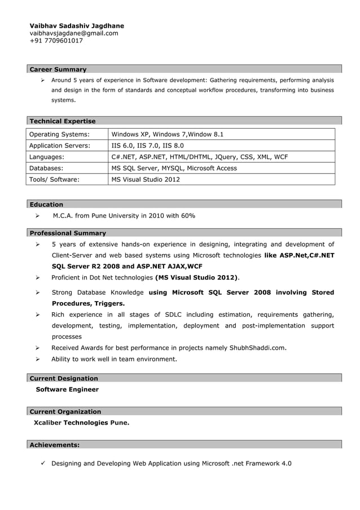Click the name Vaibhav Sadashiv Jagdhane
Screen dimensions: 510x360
pos(77,26)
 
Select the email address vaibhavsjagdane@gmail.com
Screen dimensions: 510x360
pos(74,33)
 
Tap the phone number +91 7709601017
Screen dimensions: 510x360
pos(56,41)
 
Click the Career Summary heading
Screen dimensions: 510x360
pos(58,69)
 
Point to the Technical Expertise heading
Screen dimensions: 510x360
pos(63,121)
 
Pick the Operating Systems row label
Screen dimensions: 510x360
pos(59,134)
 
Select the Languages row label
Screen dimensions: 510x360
pos(46,157)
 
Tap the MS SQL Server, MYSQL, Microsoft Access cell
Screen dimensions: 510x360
pos(174,168)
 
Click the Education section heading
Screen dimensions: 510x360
pos(46,204)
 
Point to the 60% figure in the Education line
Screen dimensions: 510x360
pos(188,216)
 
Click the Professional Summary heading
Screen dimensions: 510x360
pos(68,233)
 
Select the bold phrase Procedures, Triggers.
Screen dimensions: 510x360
pos(88,303)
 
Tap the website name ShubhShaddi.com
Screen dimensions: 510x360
pos(258,347)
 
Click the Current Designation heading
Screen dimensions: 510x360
pos(64,378)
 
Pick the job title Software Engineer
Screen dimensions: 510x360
pos(67,390)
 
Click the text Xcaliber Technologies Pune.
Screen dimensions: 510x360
pos(81,422)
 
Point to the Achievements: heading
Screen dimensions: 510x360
pos(54,445)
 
